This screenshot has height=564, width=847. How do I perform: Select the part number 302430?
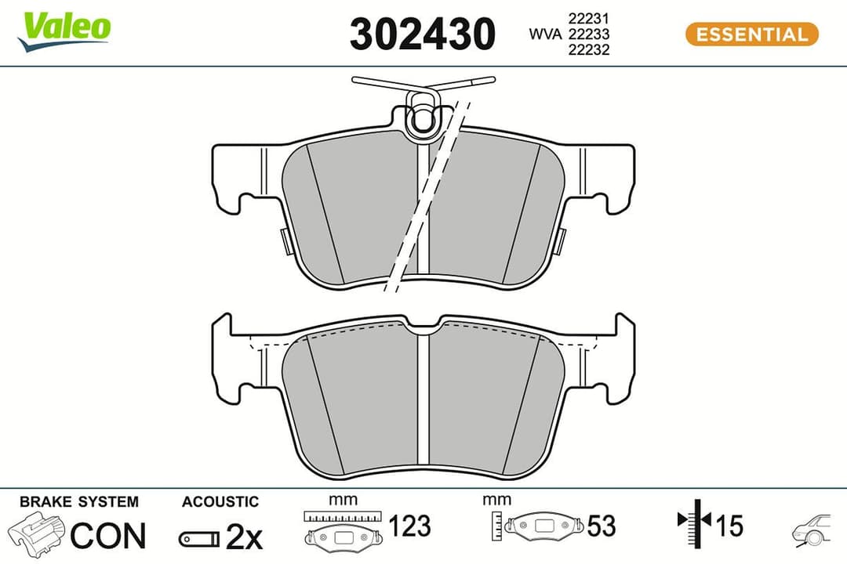point(423,34)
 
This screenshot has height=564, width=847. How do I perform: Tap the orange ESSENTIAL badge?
point(751,34)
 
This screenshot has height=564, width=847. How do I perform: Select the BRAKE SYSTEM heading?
point(78,501)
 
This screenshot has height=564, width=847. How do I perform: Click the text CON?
point(108,536)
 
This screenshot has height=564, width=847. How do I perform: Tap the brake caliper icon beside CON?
point(36,534)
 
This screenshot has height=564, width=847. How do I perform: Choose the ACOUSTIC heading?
point(220,501)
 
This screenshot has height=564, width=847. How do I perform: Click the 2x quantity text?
point(244,537)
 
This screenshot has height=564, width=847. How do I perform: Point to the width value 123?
point(409,526)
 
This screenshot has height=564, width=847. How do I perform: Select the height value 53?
point(602,526)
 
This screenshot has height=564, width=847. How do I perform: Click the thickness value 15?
point(729,526)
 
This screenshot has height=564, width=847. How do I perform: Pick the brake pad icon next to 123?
point(343,537)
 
